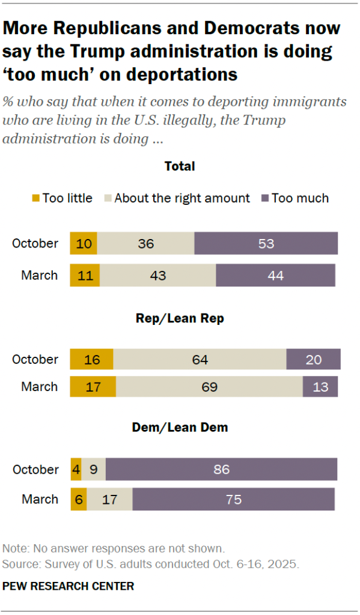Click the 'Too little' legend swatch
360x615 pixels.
[35, 198]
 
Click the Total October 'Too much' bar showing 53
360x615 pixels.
[266, 244]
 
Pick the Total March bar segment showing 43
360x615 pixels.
[157, 276]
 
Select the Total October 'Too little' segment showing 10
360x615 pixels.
[84, 244]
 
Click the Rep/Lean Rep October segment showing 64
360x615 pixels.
[200, 360]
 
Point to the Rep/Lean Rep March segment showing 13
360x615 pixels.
[320, 387]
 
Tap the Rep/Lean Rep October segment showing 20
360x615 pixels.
[313, 360]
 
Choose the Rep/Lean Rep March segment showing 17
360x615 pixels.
[93, 387]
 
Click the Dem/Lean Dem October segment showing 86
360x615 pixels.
[221, 470]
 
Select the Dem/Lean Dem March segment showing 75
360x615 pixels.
[233, 499]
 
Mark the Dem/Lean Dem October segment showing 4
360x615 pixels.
[76, 470]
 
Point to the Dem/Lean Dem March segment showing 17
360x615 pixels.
[109, 499]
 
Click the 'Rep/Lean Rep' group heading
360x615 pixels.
[180, 319]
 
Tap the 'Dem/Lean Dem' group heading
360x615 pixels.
[180, 428]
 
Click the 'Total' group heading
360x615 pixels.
[180, 166]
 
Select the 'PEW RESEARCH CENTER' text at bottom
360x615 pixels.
[69, 586]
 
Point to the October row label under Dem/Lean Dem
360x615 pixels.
[35, 470]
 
